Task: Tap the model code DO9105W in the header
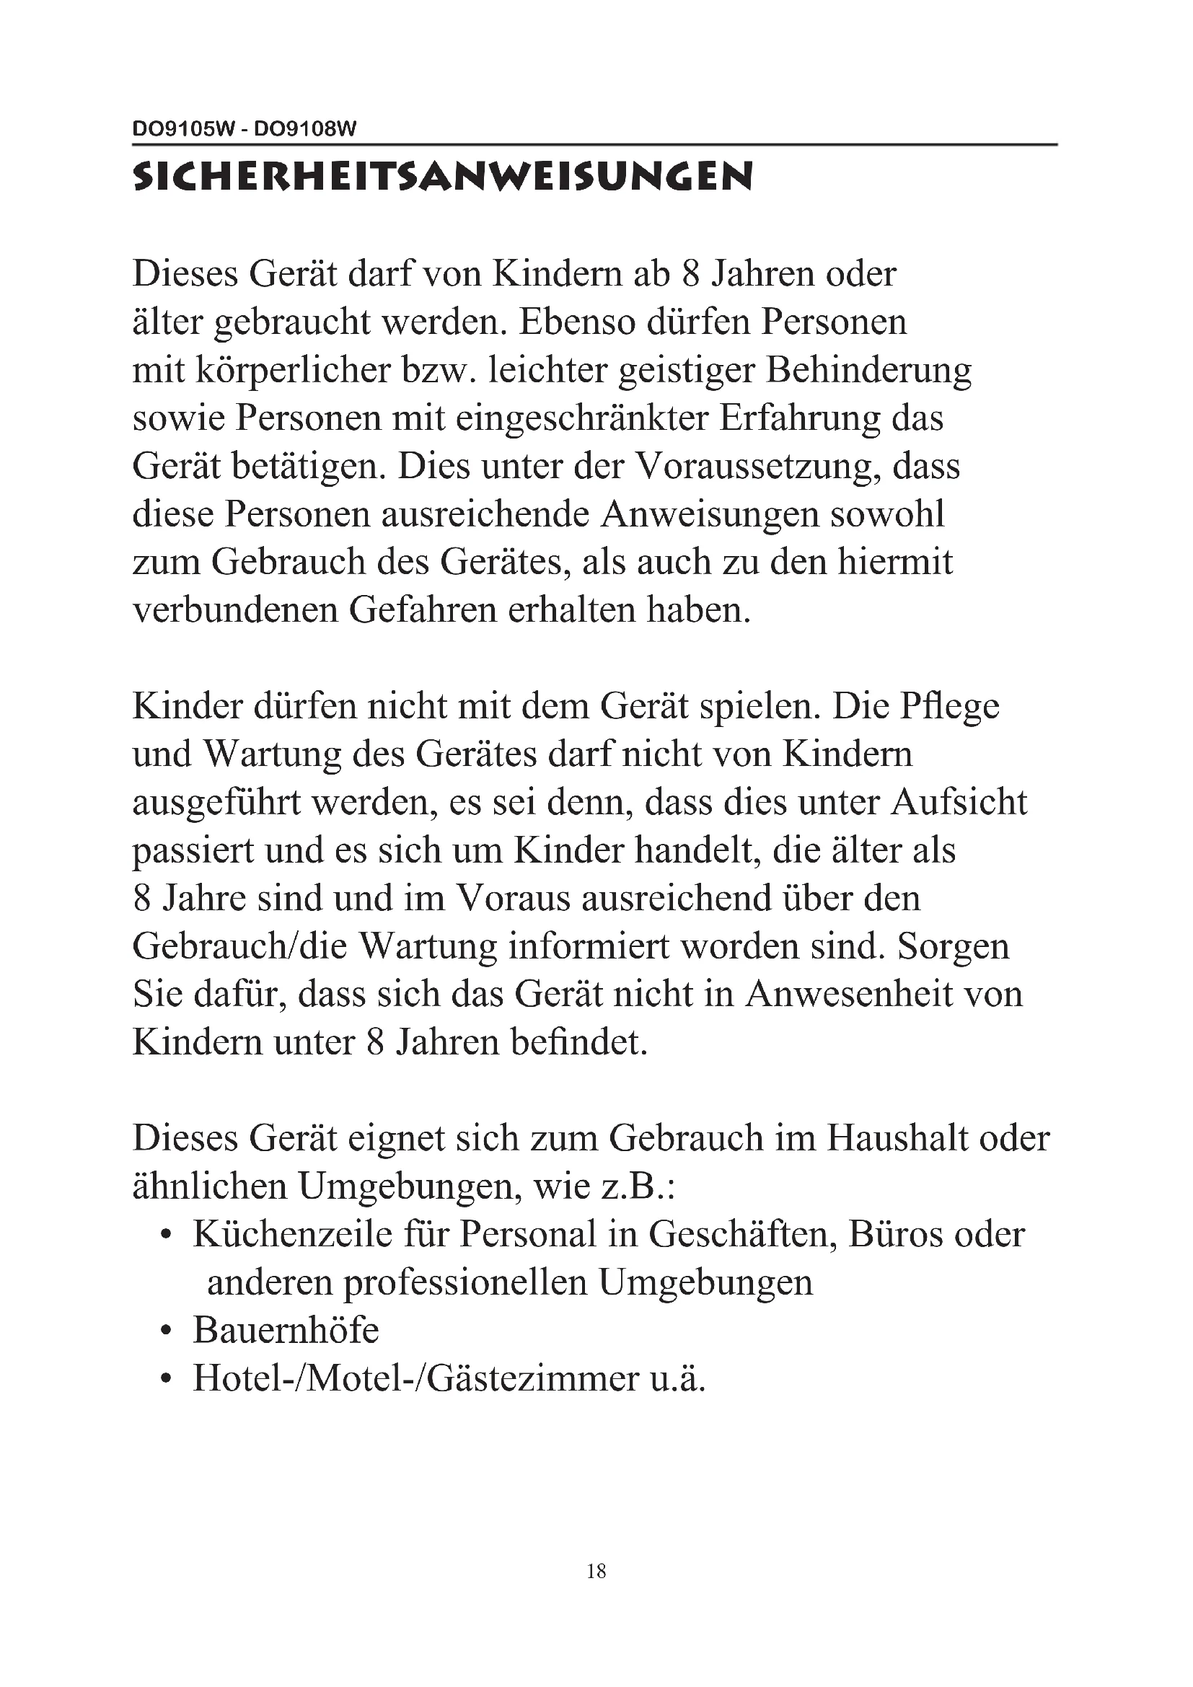point(183,130)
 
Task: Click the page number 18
point(596,1572)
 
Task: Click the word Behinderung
point(868,370)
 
